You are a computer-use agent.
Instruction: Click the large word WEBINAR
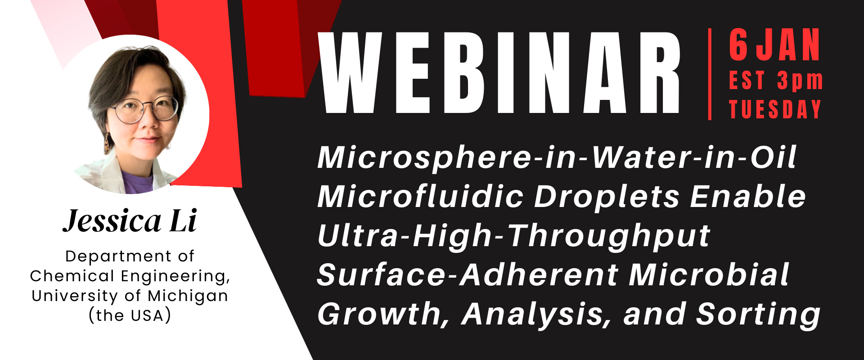[499, 72]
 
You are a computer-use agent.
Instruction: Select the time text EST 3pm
[776, 81]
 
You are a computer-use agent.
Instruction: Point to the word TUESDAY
[775, 109]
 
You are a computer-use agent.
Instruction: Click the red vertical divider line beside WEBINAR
[710, 74]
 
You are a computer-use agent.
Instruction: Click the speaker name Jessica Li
[130, 220]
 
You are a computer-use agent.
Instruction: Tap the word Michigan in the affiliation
[188, 296]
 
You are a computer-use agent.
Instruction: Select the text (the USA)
[130, 315]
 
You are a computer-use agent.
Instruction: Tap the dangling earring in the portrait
[107, 143]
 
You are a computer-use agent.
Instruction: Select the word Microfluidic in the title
[421, 197]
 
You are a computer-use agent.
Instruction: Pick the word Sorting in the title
[758, 315]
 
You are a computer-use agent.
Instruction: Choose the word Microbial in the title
[709, 274]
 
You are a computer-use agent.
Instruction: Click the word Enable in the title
[748, 197]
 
